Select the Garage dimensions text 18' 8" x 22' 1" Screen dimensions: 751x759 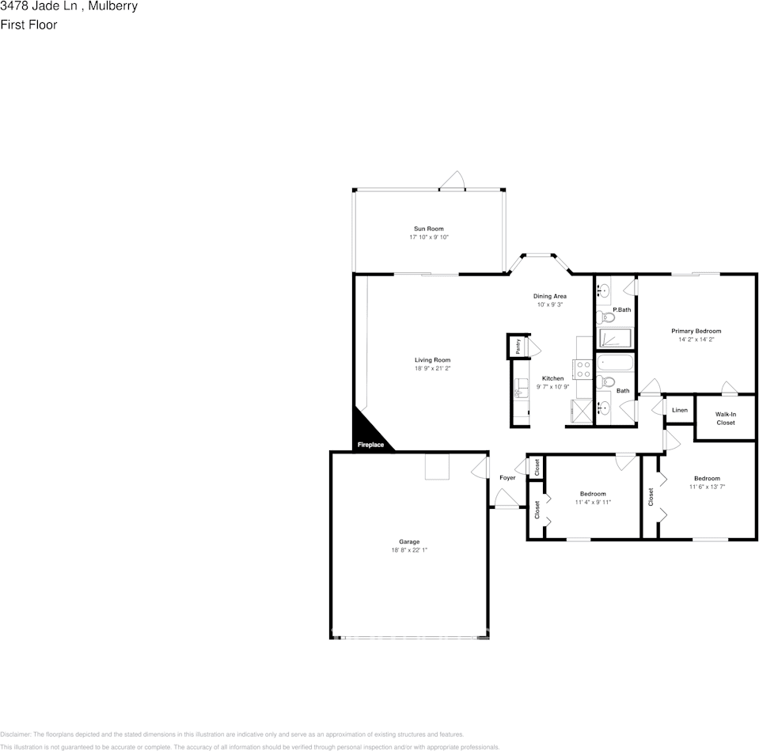pyautogui.click(x=409, y=550)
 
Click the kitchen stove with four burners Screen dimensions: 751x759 pyautogui.click(x=583, y=369)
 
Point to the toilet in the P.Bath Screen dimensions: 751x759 pyautogui.click(x=607, y=318)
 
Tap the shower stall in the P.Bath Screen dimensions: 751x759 pyautogui.click(x=614, y=339)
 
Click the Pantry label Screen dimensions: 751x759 pyautogui.click(x=518, y=346)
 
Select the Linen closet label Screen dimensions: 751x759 pyautogui.click(x=679, y=410)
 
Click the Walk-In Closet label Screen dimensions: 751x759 pyautogui.click(x=725, y=418)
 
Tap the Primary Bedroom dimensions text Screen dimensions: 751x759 pyautogui.click(x=696, y=339)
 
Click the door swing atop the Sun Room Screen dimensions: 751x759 pyautogui.click(x=453, y=181)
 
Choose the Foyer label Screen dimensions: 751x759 pyautogui.click(x=507, y=478)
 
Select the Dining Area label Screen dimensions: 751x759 pyautogui.click(x=549, y=296)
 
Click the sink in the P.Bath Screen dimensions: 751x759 pyautogui.click(x=602, y=290)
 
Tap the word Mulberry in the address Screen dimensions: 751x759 pyautogui.click(x=112, y=6)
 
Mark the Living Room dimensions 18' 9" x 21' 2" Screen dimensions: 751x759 pyautogui.click(x=432, y=369)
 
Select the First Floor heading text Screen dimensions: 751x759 pyautogui.click(x=28, y=25)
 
